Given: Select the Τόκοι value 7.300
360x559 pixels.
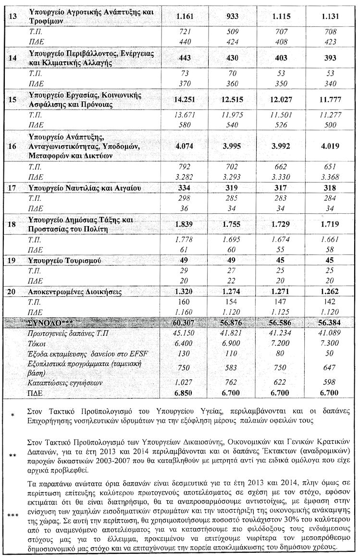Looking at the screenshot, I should coord(330,343).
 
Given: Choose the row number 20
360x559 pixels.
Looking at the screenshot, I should coord(13,292).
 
